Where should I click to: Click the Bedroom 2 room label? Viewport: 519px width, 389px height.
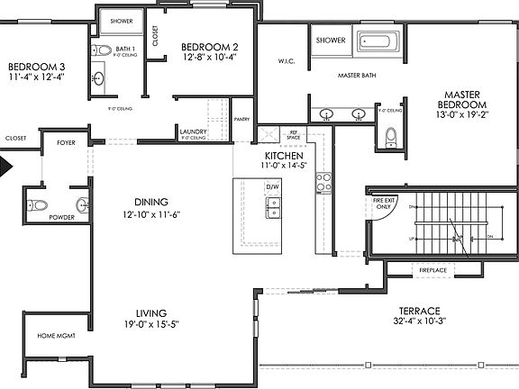tap(209, 47)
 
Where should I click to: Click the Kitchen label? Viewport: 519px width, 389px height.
tap(270, 155)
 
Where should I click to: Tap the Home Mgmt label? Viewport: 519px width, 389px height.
tap(55, 336)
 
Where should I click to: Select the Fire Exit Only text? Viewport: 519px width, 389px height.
tap(383, 203)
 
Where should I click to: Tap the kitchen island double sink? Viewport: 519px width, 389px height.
tap(273, 208)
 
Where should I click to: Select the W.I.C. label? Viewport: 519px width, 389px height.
tap(287, 61)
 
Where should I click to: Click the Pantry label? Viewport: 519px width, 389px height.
tap(241, 118)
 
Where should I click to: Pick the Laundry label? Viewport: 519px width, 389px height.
tap(194, 131)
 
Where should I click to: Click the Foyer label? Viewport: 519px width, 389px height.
tap(66, 142)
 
